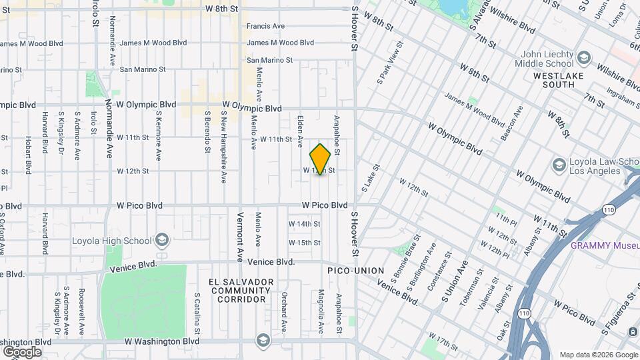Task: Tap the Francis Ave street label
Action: click(265, 27)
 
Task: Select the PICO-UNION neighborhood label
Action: click(355, 271)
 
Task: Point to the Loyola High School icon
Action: click(161, 240)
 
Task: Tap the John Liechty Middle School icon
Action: click(585, 59)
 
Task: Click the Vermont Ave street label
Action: click(240, 237)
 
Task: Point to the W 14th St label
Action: click(304, 224)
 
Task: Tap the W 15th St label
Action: click(304, 243)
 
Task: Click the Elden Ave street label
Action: click(300, 129)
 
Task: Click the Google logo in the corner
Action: click(22, 351)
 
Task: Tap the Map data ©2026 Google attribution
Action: click(598, 355)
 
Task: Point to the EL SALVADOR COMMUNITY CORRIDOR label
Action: click(240, 291)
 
